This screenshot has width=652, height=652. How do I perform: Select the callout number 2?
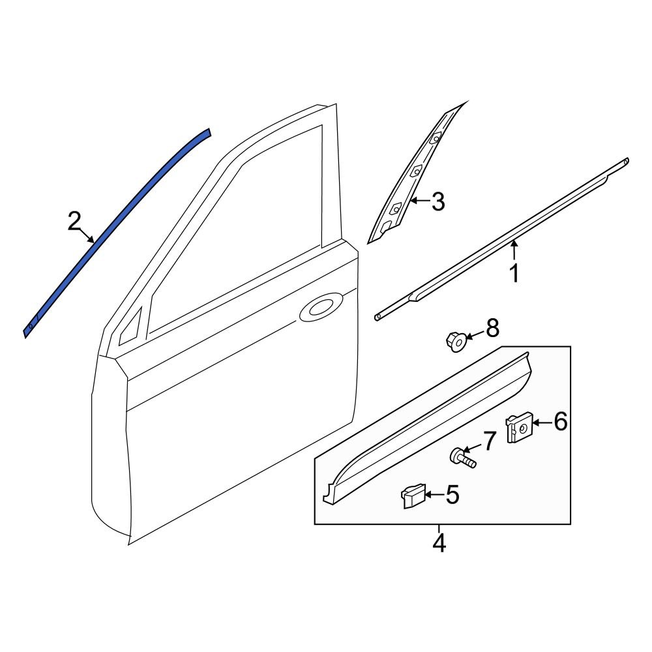75,222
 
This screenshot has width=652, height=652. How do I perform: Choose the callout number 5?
452,496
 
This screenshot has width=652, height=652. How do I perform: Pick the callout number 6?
560,422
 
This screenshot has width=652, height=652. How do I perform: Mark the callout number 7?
489,441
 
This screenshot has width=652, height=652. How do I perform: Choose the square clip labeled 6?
519,428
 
